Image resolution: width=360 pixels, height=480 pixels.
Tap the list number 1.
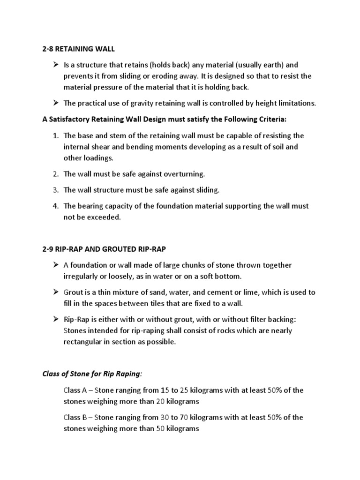point(55,136)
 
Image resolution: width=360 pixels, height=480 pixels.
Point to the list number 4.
point(55,206)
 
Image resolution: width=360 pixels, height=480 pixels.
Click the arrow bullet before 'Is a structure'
point(55,65)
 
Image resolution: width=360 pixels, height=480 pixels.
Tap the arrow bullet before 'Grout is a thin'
point(55,292)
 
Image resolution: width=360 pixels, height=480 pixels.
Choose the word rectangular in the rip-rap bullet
point(83,342)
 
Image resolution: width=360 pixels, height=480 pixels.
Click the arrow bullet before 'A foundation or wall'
point(55,265)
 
